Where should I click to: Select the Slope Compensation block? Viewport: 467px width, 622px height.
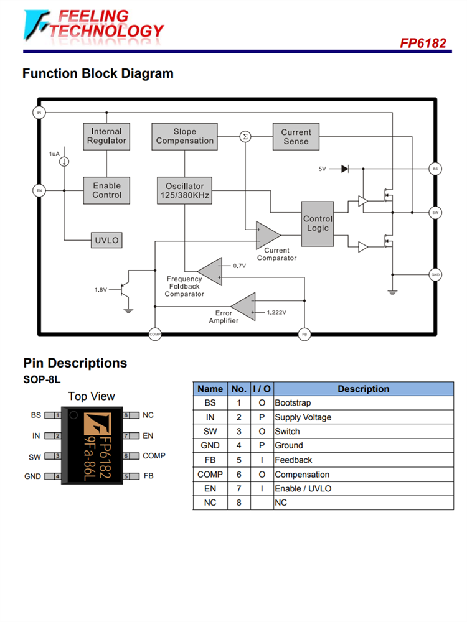(184, 136)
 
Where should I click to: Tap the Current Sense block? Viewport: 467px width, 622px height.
(296, 136)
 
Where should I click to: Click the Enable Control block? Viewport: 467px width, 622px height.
(106, 190)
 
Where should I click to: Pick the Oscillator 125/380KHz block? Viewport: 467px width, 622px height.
(184, 190)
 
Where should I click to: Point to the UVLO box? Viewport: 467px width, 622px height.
(106, 240)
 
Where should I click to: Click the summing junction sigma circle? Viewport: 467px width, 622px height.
(245, 136)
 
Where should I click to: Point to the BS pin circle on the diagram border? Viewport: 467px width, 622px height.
(436, 169)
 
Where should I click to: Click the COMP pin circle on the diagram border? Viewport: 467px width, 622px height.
(155, 334)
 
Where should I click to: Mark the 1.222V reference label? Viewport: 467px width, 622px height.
(276, 312)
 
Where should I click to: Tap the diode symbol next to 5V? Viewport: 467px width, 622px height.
(344, 169)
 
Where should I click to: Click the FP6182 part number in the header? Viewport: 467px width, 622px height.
(423, 43)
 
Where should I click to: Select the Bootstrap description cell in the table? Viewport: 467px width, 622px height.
(363, 403)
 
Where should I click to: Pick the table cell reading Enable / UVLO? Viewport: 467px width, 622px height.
(363, 489)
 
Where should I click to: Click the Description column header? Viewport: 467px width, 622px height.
(363, 389)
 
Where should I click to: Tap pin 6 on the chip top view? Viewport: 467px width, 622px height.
(126, 456)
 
